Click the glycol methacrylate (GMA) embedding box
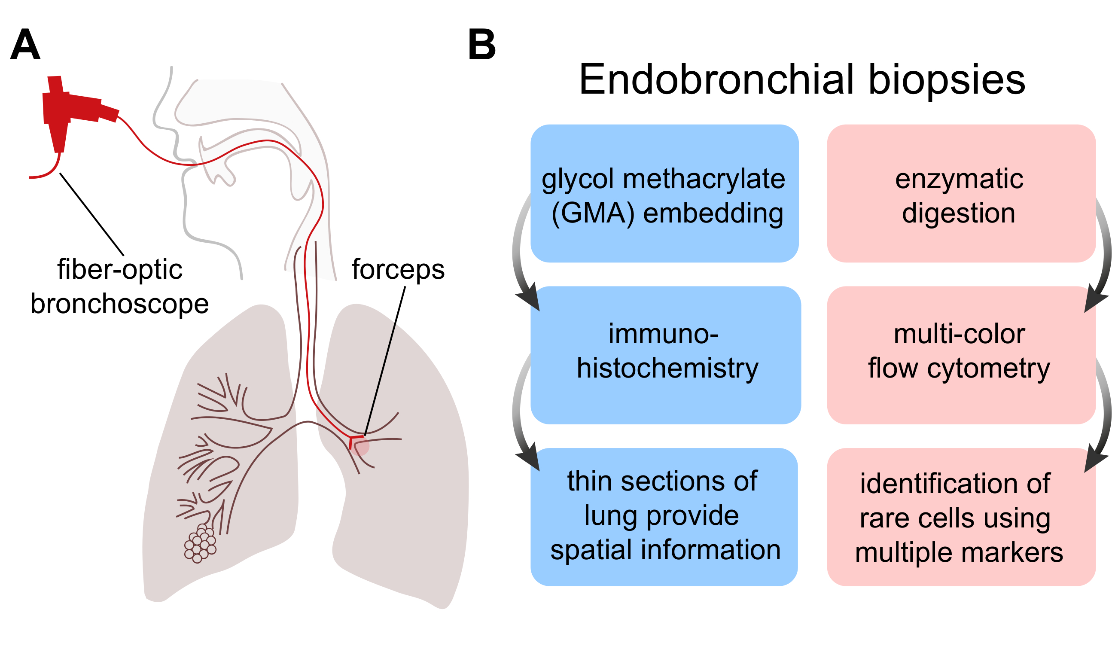coord(664,193)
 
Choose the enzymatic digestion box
coord(962,193)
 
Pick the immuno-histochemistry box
coord(666,355)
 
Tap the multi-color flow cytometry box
coord(962,355)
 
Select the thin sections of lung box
coord(664,517)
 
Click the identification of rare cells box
coord(962,517)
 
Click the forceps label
coord(398,269)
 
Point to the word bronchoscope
coord(119,305)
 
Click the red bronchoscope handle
coord(75,111)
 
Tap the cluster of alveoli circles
coord(201,543)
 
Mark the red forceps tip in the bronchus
coord(355,441)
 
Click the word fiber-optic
coord(119,269)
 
